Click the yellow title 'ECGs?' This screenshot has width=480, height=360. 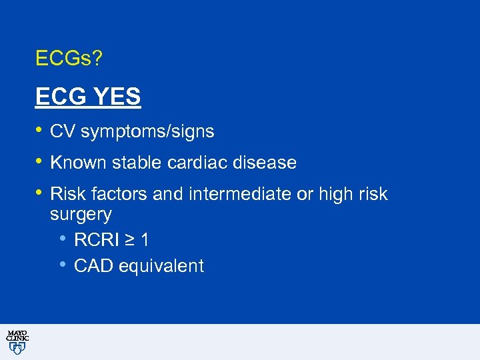[69, 59]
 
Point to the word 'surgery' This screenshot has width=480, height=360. [81, 215]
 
